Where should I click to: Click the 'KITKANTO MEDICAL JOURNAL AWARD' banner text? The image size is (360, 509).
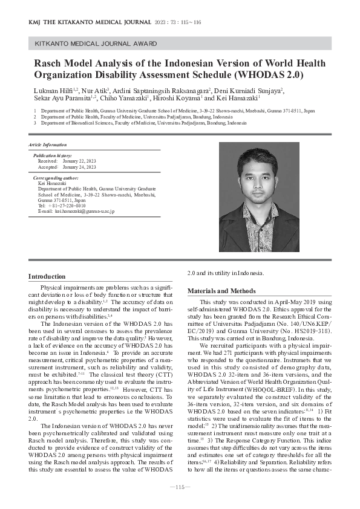click(x=96, y=44)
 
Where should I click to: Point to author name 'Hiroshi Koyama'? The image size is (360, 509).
click(x=179, y=97)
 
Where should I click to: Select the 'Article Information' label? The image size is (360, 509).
click(x=47, y=145)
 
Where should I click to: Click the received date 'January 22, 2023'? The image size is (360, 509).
click(x=79, y=161)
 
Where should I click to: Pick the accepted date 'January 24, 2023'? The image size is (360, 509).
click(x=79, y=167)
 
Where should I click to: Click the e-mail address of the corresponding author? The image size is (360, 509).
click(x=76, y=212)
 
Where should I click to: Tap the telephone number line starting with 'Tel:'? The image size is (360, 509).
click(x=61, y=206)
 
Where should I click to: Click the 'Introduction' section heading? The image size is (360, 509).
click(x=47, y=276)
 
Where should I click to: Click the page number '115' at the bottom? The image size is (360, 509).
click(x=180, y=487)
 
